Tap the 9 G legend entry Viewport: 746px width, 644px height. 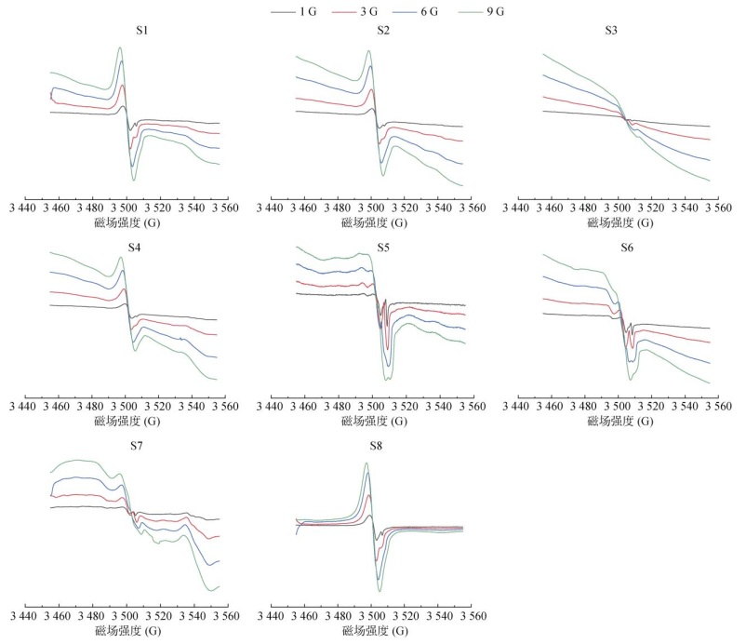[x=480, y=11]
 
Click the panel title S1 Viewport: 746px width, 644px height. [x=142, y=31]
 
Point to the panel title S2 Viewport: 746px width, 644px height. [x=383, y=31]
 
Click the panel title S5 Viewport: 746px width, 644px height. [x=383, y=246]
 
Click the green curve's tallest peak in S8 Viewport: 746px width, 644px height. [x=367, y=463]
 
